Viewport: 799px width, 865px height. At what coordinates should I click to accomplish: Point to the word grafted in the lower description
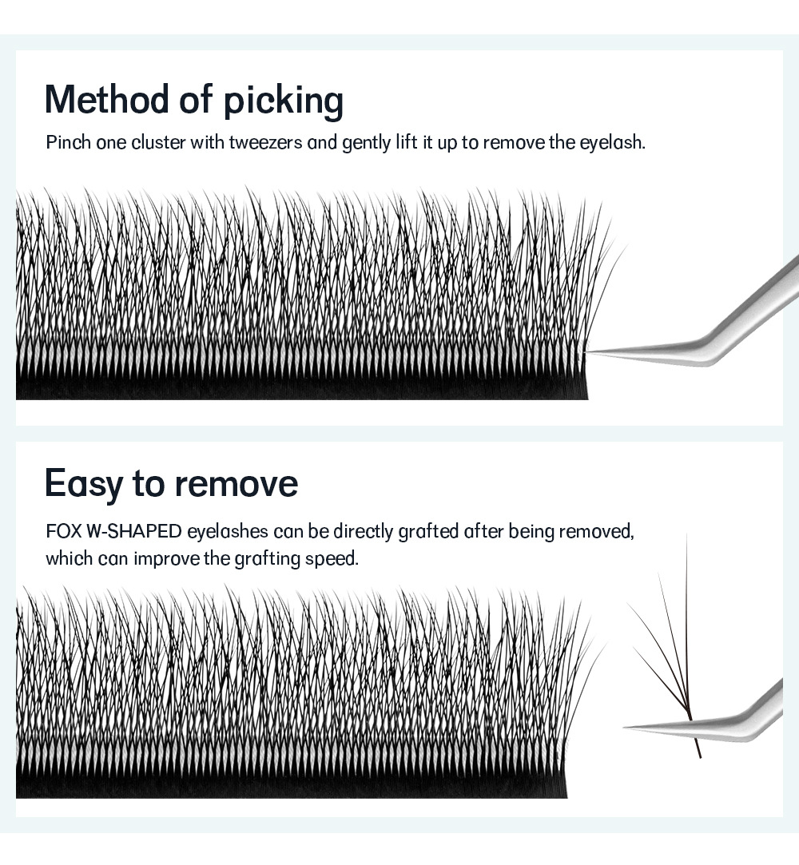[x=428, y=532]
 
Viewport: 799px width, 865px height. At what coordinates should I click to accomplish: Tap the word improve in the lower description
[x=166, y=558]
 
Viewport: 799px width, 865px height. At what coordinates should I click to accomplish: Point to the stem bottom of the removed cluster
[x=699, y=755]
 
